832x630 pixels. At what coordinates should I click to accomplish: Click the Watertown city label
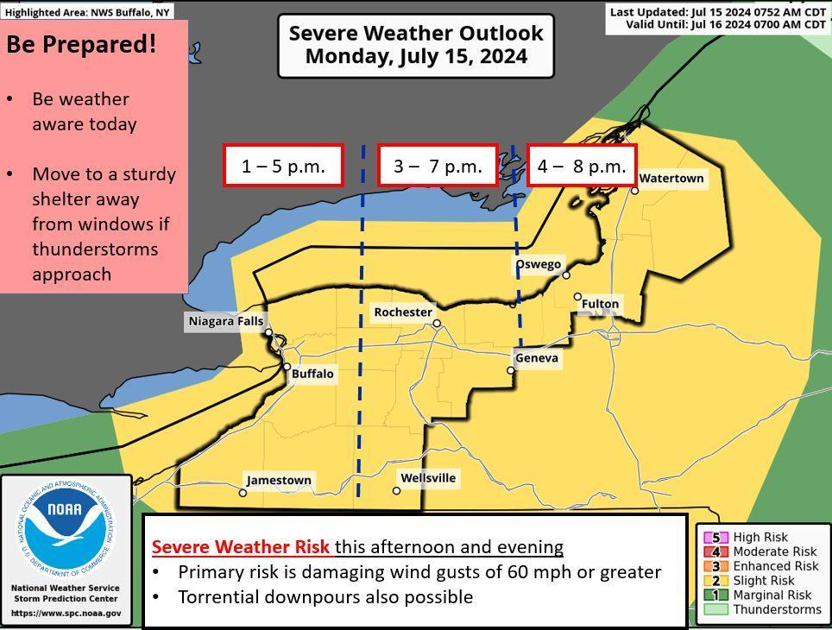click(671, 179)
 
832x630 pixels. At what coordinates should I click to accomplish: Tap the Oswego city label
click(539, 264)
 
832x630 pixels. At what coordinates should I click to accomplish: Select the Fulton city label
click(600, 304)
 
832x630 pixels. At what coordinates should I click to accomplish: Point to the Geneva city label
click(537, 358)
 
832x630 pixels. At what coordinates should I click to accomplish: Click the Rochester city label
click(402, 312)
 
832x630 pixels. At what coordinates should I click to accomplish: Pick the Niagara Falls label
click(225, 322)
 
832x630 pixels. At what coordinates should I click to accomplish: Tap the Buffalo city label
click(312, 375)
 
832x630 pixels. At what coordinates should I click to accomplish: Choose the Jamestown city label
click(279, 480)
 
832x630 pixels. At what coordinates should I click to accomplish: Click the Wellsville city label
click(428, 478)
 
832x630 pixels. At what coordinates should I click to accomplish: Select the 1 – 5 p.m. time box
click(283, 166)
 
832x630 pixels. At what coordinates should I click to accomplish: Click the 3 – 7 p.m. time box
click(438, 166)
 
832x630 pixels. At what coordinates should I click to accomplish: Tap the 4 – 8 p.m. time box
click(582, 166)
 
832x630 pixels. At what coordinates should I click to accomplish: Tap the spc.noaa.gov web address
click(66, 614)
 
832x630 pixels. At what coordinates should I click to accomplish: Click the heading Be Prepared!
click(82, 45)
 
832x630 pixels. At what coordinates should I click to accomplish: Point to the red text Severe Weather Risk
click(241, 547)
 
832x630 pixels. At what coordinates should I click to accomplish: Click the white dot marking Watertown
click(634, 190)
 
